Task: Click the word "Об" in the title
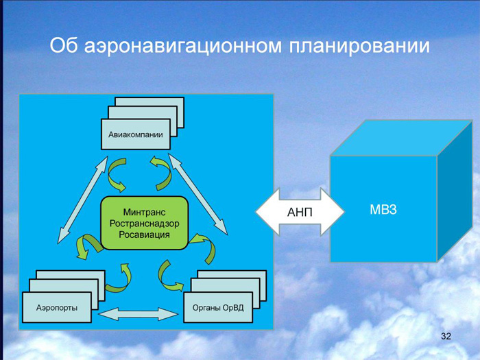pos(63,46)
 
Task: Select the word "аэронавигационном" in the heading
pos(182,47)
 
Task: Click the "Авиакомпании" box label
pos(136,134)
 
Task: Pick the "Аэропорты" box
pos(57,307)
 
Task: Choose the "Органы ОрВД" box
pos(218,307)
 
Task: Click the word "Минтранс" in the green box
pos(144,212)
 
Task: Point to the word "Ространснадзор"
pos(144,224)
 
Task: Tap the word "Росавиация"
pos(144,235)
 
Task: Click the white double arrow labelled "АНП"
pos(300,211)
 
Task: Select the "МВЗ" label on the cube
pos(383,209)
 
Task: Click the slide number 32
pos(446,336)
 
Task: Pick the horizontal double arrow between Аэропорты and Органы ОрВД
pos(138,314)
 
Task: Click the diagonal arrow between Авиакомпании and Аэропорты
pos(83,200)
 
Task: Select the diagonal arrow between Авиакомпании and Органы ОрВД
pos(198,194)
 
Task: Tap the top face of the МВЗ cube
pos(401,138)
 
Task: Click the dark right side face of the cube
pos(455,191)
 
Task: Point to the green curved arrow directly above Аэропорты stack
pos(119,278)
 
